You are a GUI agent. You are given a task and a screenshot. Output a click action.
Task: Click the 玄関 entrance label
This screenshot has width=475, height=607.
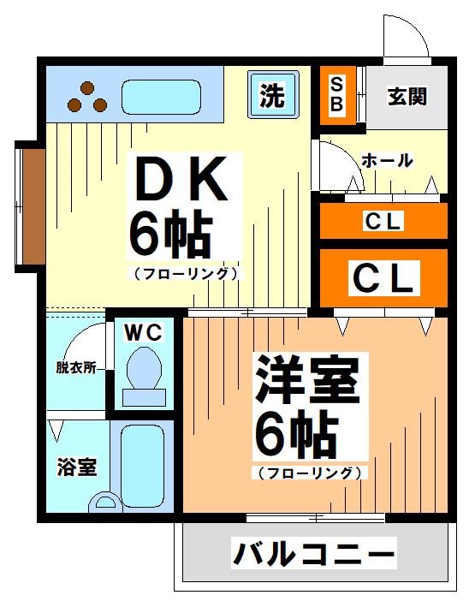coord(407,96)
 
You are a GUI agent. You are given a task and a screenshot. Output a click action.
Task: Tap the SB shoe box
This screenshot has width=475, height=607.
coord(336,95)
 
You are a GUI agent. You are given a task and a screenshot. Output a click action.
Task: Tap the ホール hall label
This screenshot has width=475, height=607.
coord(388,160)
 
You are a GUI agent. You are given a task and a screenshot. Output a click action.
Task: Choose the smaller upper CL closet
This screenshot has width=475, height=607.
coord(383,221)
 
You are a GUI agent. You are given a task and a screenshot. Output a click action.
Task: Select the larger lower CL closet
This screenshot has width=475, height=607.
coord(383,277)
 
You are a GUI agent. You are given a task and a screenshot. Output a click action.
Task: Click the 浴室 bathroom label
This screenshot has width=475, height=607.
coord(76,467)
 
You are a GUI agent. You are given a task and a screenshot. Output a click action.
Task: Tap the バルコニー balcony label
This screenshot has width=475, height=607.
coord(314,554)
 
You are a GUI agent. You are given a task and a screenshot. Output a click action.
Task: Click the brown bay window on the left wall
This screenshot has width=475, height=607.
coord(32,205)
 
